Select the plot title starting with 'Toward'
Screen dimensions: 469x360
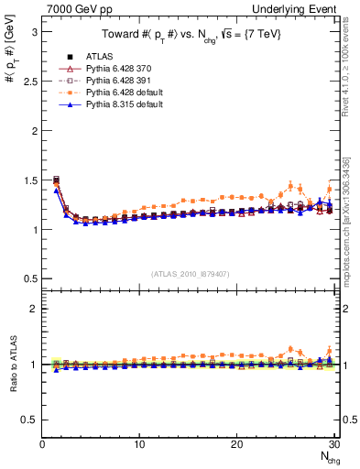click(x=190, y=35)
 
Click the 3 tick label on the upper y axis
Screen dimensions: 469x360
click(x=34, y=31)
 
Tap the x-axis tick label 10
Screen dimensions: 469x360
click(x=139, y=444)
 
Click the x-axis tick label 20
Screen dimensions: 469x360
click(x=236, y=444)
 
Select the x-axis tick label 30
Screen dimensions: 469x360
click(x=333, y=444)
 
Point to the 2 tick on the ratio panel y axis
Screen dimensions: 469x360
click(x=34, y=309)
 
